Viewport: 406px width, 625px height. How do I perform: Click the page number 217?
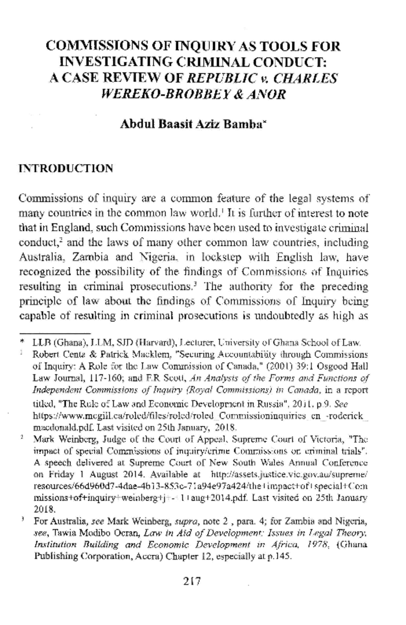192,581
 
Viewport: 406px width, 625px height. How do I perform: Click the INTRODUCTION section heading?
66,168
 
